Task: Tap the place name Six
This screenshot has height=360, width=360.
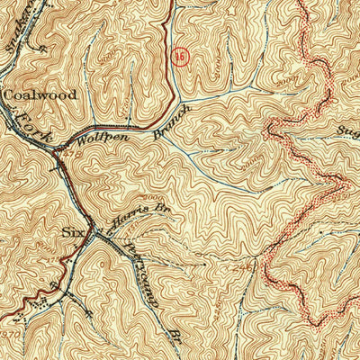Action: click(x=72, y=231)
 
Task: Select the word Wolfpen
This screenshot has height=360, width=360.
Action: click(x=98, y=140)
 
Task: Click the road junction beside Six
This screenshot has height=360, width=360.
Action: click(x=93, y=229)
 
